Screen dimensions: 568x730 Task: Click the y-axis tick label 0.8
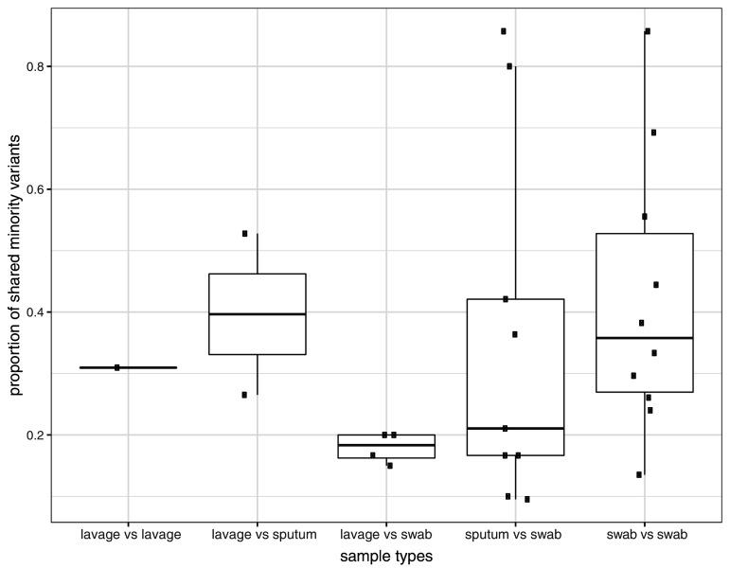coord(33,67)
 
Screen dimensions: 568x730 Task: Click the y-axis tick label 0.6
coord(33,189)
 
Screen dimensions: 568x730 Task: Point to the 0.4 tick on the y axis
coord(33,312)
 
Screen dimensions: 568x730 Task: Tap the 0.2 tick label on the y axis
coord(33,435)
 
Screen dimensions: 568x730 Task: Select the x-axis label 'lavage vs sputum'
coord(258,535)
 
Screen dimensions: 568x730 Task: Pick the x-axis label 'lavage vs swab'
coord(386,535)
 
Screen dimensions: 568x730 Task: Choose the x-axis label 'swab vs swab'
coord(646,535)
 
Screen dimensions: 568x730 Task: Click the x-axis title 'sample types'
coord(386,558)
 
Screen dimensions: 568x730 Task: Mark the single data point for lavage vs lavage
coord(117,367)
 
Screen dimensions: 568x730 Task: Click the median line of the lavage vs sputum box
coord(258,313)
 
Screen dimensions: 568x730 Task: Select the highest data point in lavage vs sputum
coord(244,233)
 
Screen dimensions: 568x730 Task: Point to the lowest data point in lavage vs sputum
coord(244,395)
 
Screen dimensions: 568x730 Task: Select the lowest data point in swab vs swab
coord(639,474)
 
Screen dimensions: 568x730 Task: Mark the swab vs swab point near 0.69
coord(653,133)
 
